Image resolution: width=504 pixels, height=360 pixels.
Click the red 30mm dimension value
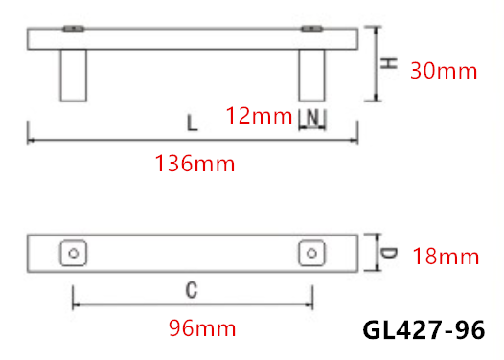(x=444, y=71)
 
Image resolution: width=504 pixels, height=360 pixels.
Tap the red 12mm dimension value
(x=259, y=116)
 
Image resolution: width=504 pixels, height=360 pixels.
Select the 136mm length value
(x=195, y=164)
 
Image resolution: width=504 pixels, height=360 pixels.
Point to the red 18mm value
(x=446, y=257)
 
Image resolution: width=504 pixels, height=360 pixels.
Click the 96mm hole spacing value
(x=202, y=328)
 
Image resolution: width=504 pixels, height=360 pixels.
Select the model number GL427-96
(x=424, y=329)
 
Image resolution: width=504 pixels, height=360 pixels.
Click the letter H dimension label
(x=389, y=63)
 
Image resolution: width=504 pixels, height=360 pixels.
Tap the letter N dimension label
(x=312, y=118)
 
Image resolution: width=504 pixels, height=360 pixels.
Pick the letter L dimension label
(x=192, y=124)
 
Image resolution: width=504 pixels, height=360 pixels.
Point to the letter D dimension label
(x=389, y=253)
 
